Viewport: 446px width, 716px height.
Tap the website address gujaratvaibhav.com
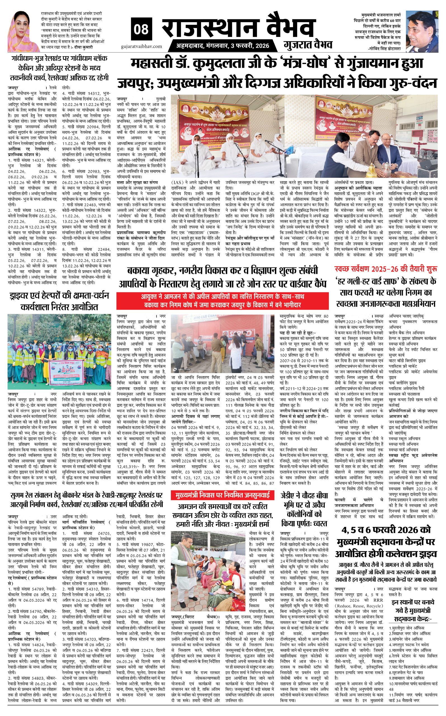141,46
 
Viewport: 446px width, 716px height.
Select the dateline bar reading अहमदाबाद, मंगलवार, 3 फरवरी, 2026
223,46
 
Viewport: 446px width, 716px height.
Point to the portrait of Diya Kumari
23,31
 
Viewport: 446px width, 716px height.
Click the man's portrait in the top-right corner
422,31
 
